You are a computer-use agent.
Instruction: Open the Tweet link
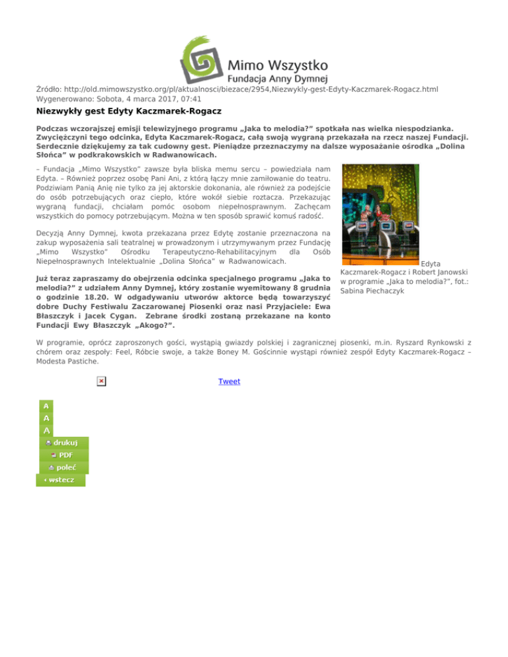[229, 381]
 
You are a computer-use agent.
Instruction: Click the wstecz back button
[60, 479]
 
